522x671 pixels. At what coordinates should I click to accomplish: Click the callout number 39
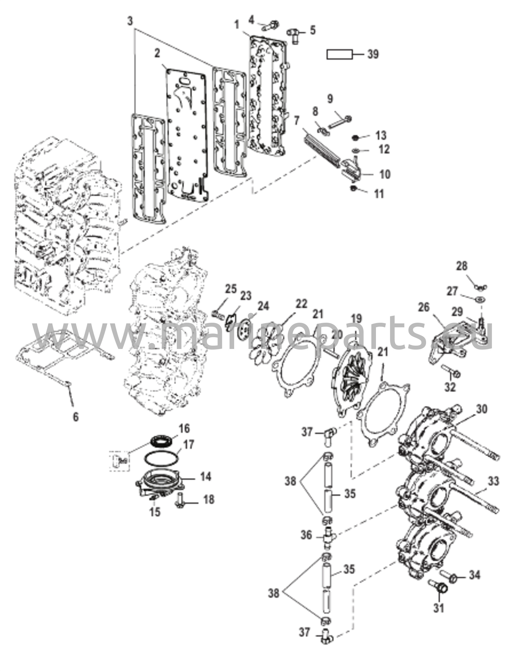(373, 54)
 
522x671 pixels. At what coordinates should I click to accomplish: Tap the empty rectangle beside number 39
(340, 54)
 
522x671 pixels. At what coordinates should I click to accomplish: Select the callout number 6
(76, 417)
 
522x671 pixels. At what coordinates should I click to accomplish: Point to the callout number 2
(158, 54)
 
